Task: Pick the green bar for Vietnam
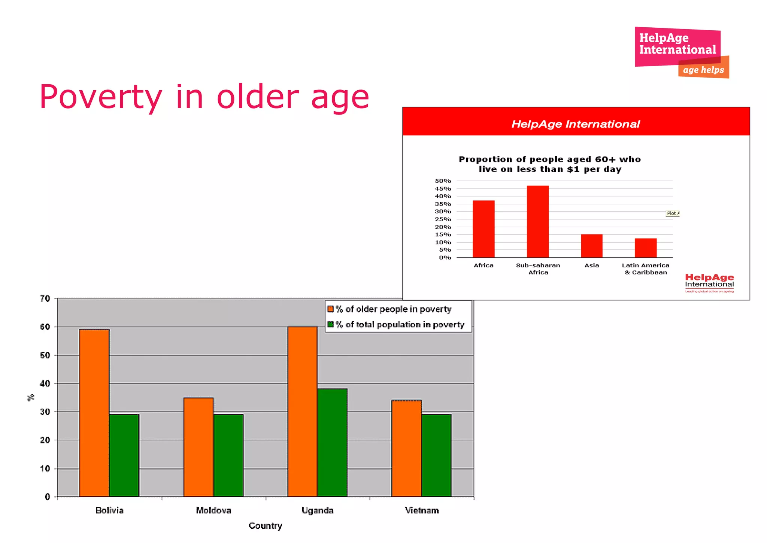[436, 455]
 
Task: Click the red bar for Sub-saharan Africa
[538, 221]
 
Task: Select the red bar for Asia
[592, 246]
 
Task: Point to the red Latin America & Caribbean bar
[646, 248]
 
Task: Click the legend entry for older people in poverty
[393, 309]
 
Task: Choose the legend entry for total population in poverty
[399, 324]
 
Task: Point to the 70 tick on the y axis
[45, 298]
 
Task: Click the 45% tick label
[443, 189]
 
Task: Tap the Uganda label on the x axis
[317, 510]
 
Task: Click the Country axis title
[265, 526]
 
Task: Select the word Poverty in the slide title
[100, 97]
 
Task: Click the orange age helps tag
[703, 70]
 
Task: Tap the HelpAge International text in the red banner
[576, 124]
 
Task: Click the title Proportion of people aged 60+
[550, 164]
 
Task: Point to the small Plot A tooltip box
[673, 213]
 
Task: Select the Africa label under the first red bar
[483, 265]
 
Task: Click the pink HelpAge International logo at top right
[677, 44]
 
